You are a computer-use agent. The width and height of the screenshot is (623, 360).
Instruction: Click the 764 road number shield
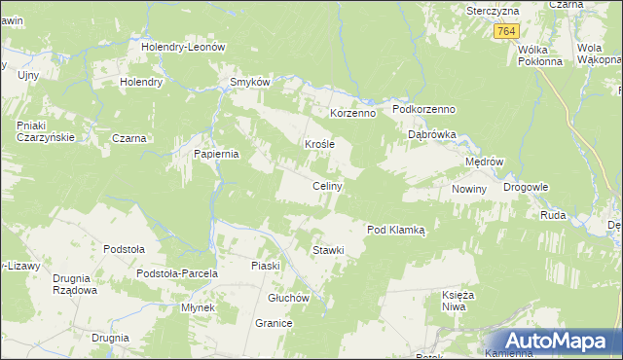point(504,32)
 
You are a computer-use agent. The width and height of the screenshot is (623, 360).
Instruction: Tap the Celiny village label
point(325,186)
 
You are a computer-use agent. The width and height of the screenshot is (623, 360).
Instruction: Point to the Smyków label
point(248,82)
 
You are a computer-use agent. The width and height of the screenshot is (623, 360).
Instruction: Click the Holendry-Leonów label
point(183,47)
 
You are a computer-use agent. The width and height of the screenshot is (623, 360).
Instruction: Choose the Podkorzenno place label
point(424,110)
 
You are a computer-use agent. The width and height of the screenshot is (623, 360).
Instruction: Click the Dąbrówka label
point(431,135)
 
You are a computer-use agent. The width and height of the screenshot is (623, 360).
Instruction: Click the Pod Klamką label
point(396,230)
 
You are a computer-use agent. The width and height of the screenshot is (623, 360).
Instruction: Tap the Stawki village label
point(328,251)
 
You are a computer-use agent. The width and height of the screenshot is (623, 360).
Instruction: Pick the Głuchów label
point(288,298)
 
